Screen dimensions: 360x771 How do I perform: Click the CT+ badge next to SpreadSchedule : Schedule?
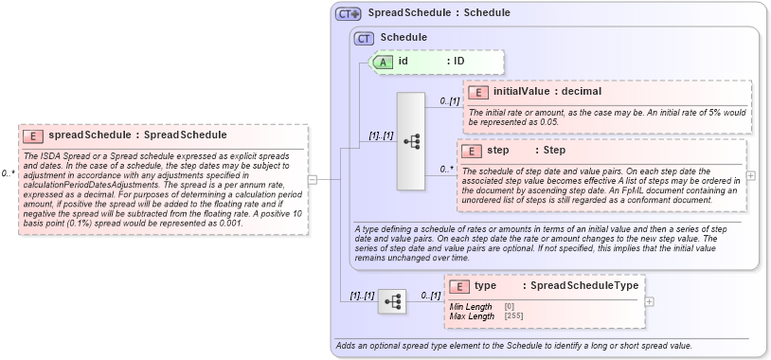click(x=349, y=14)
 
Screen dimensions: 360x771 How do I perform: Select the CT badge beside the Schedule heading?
click(x=364, y=38)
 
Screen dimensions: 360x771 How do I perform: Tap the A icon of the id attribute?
click(x=384, y=62)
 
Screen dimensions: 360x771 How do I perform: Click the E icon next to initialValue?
click(x=478, y=92)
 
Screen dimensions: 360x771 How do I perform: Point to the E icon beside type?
click(x=459, y=286)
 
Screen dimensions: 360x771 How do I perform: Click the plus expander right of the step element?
click(x=751, y=175)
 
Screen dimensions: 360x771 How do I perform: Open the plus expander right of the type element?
click(x=649, y=301)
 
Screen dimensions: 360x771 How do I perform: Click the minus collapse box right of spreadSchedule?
click(x=311, y=177)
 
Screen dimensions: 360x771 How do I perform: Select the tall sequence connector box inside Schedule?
click(x=411, y=140)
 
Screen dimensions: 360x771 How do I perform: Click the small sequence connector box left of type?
click(x=391, y=301)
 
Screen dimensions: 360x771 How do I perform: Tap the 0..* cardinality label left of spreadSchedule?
click(x=9, y=173)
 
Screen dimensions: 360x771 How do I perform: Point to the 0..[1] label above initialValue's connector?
click(x=449, y=100)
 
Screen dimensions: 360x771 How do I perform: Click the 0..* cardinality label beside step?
click(x=446, y=170)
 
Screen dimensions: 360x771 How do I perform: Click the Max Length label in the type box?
click(x=472, y=316)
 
